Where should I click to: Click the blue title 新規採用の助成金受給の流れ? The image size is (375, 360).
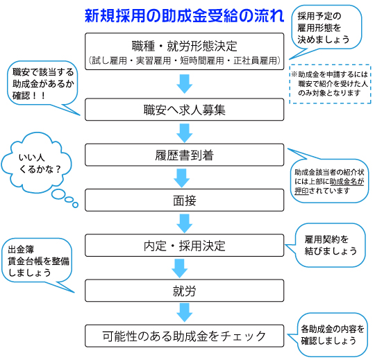point(185,16)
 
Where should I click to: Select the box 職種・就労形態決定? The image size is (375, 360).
point(185,51)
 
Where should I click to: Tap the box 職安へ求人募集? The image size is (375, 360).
point(185,110)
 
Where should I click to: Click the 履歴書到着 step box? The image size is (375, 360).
point(185,155)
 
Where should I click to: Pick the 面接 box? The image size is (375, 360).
point(185,200)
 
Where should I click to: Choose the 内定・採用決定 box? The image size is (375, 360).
point(185,246)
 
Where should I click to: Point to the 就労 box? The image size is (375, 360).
point(185,291)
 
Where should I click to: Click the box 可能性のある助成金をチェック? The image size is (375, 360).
point(185,336)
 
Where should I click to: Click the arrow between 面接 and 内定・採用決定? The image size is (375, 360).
point(185,223)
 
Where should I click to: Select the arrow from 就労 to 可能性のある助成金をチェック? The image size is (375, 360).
point(185,313)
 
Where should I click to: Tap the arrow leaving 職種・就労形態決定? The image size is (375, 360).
point(185,84)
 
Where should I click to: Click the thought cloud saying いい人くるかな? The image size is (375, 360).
point(36,163)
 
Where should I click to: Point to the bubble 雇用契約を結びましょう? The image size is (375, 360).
point(330,245)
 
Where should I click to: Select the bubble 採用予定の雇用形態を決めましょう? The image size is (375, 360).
point(326,28)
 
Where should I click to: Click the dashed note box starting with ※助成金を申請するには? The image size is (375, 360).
point(330,84)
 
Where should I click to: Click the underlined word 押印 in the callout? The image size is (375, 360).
point(301,191)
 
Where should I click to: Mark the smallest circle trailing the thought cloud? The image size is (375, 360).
point(75,205)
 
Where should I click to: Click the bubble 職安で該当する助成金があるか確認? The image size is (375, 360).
point(42,83)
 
